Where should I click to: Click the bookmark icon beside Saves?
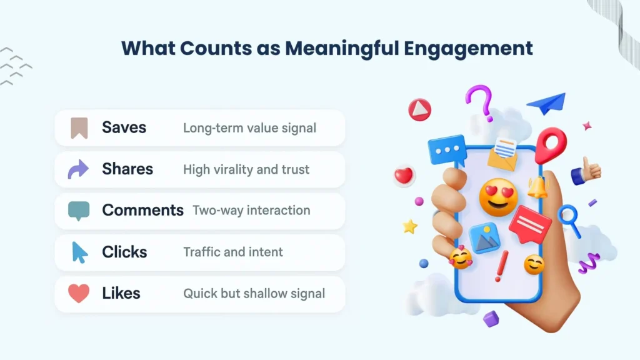(x=79, y=127)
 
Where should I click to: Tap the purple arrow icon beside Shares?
(x=79, y=169)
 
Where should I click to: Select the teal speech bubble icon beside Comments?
(x=79, y=211)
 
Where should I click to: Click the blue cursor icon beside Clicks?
(x=79, y=252)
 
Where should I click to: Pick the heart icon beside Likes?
(x=79, y=293)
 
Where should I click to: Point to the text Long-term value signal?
(x=249, y=128)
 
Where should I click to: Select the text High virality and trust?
(x=246, y=169)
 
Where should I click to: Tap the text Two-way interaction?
(x=251, y=211)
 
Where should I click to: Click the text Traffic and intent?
(x=232, y=252)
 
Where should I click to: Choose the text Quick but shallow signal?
(x=254, y=294)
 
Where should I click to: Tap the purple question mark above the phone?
(x=480, y=102)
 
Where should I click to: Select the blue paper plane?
(x=546, y=103)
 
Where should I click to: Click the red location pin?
(x=550, y=144)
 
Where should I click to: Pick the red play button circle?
(x=419, y=111)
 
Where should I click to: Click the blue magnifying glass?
(x=569, y=219)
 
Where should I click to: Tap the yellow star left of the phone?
(x=410, y=226)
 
